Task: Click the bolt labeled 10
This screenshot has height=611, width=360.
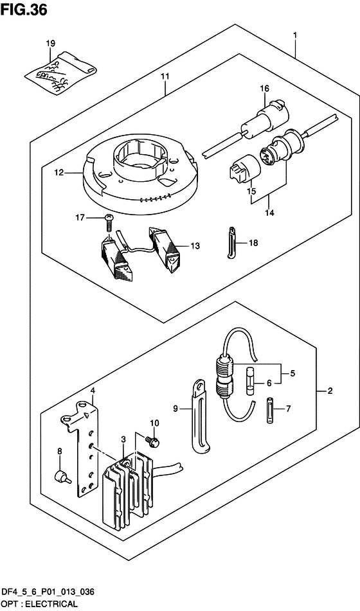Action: point(154,443)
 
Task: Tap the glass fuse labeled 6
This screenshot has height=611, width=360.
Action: point(250,382)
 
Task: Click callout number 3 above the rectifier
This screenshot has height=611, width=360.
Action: point(123,439)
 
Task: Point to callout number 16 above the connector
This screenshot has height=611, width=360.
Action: point(263,89)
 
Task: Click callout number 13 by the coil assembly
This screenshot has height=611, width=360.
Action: point(195,246)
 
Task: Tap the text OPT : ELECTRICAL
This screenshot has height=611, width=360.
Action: point(39,604)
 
